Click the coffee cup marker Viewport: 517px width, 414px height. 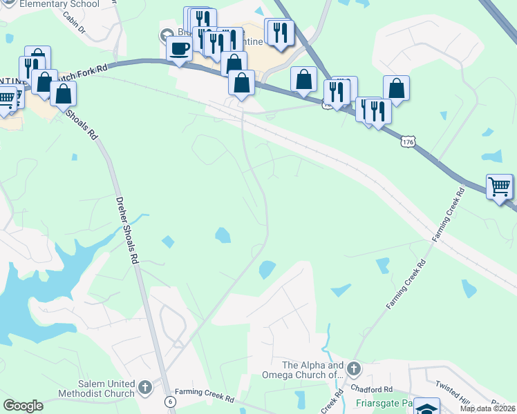click(x=180, y=49)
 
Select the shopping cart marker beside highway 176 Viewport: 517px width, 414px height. click(x=499, y=186)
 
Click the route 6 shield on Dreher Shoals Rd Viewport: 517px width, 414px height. click(x=169, y=401)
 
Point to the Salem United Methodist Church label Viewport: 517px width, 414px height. click(x=97, y=388)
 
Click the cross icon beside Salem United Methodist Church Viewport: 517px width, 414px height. click(x=145, y=386)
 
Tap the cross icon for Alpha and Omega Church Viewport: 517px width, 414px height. click(x=353, y=369)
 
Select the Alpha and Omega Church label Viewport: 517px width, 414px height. click(x=312, y=370)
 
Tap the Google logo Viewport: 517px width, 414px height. click(x=23, y=406)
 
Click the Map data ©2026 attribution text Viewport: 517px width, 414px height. click(x=488, y=408)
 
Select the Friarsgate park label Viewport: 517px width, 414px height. click(x=384, y=402)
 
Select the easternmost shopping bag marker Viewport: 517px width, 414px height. click(x=396, y=88)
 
